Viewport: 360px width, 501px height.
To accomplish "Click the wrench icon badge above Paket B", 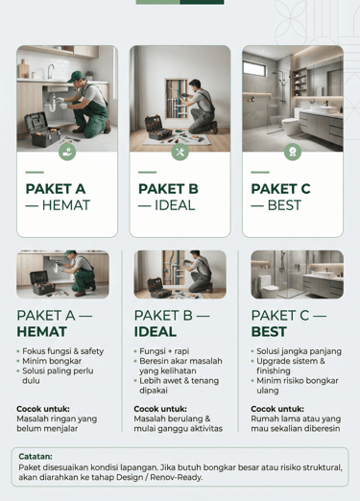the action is [180, 152].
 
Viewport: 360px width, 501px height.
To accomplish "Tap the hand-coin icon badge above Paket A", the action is [67, 152].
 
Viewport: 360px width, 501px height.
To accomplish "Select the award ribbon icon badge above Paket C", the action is [293, 152].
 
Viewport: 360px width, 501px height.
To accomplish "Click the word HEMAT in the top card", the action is [66, 205].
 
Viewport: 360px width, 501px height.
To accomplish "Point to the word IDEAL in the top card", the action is [175, 205].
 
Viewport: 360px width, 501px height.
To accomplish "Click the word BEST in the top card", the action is [284, 205].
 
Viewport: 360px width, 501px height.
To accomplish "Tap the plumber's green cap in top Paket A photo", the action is [76, 76].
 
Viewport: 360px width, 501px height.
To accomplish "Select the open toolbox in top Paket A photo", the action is [42, 130].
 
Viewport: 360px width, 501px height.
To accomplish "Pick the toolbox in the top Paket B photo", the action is [158, 128].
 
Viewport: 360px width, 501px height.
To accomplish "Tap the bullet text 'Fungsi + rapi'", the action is [164, 351].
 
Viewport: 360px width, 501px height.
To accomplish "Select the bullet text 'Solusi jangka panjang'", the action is [299, 351].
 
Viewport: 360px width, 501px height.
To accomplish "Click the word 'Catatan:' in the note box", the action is [36, 456].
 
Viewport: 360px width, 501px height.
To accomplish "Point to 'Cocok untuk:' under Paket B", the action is [160, 409].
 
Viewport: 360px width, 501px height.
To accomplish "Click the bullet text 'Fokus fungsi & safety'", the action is [62, 351].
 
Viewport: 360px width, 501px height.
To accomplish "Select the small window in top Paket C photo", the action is [254, 68].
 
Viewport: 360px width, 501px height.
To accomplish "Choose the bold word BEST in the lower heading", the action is [269, 332].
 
